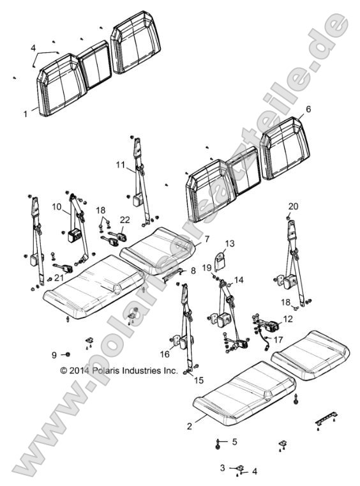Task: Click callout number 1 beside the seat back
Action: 26,114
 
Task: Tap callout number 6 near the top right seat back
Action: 308,109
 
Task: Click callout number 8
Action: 193,270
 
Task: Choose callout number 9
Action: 54,354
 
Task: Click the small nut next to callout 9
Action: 68,354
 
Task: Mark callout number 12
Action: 289,318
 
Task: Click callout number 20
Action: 293,206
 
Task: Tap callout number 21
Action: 41,277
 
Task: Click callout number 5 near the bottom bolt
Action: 234,441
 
